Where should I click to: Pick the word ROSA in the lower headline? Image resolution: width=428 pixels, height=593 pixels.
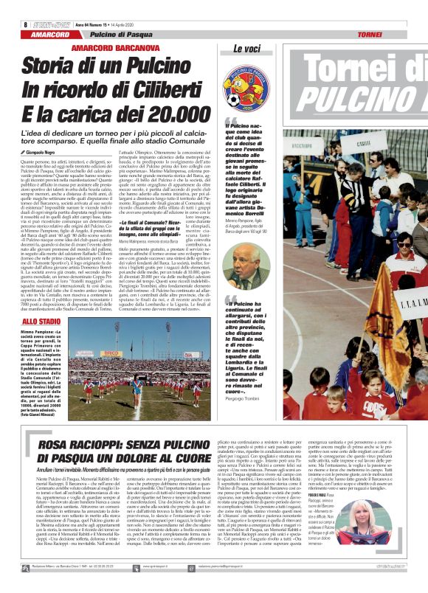(65, 445)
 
